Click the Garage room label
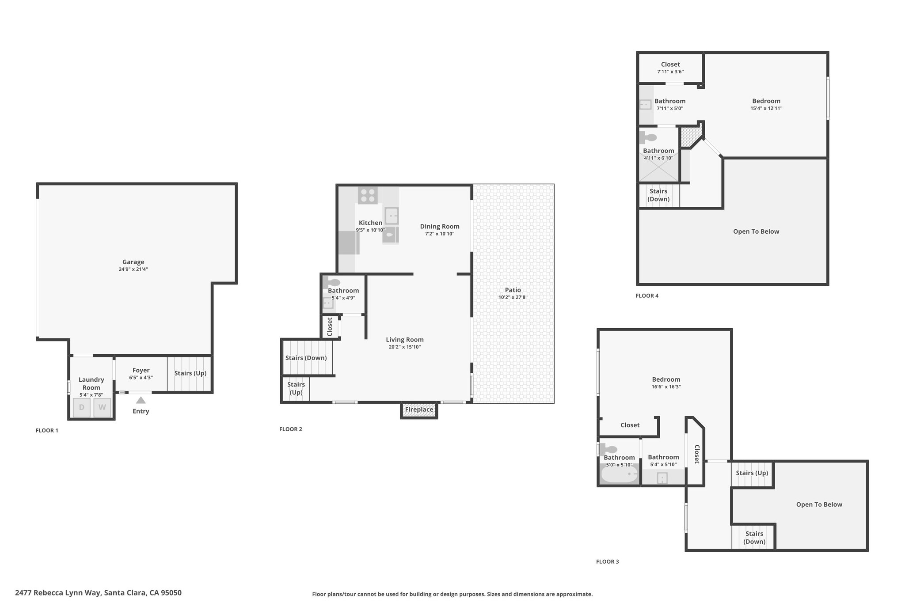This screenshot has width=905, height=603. point(133,262)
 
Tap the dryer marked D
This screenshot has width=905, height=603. point(82,407)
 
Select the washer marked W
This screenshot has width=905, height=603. point(102,407)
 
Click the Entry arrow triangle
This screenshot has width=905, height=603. point(141,400)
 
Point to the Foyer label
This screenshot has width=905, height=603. point(141,370)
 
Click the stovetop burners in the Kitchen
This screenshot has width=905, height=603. point(368,195)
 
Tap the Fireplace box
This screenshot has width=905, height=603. point(419,410)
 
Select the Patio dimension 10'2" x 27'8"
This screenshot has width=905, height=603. point(513,297)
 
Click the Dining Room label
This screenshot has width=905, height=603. point(440,227)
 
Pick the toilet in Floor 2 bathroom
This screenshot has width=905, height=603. point(331,282)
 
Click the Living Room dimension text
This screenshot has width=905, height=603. point(405,347)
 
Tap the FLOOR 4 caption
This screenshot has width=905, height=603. point(647,296)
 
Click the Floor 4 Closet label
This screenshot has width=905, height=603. point(670,64)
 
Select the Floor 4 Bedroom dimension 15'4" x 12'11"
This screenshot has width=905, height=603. point(766,108)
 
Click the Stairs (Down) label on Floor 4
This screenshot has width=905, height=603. point(658,195)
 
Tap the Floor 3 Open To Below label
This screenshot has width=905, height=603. point(819,504)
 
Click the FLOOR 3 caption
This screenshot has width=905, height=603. point(608,562)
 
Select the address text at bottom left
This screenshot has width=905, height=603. point(98,593)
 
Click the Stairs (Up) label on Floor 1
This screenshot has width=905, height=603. point(190,373)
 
